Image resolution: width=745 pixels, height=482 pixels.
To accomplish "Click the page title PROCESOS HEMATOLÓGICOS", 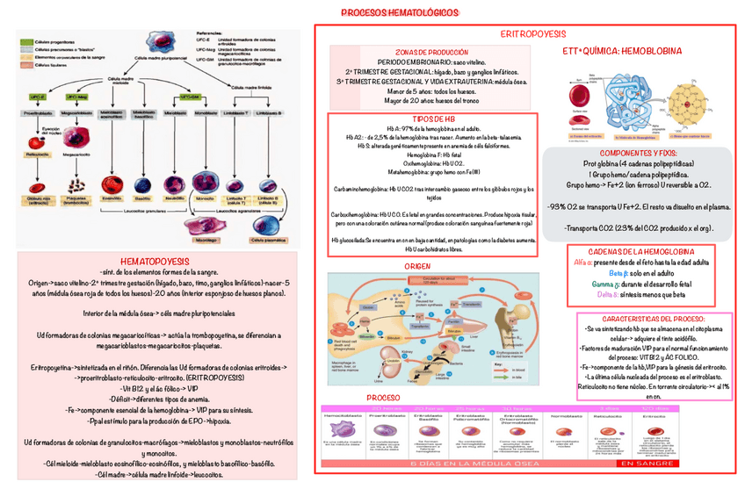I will click(x=399, y=13).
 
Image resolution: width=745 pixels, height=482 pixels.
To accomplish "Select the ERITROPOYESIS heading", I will click(x=532, y=33).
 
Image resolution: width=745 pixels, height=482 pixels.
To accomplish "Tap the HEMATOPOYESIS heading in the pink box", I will click(x=156, y=262).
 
